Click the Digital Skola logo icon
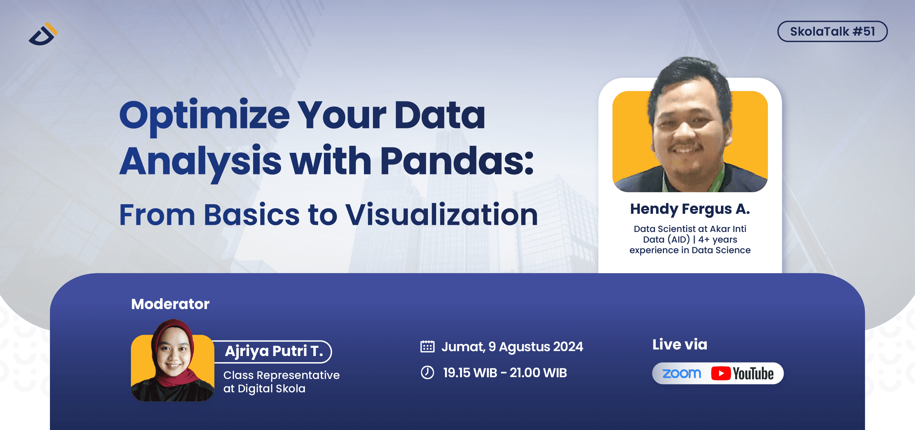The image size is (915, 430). pos(43,34)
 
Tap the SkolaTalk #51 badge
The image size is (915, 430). pos(832,31)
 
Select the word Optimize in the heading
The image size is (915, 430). pos(204,115)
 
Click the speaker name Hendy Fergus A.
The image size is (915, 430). pos(690,209)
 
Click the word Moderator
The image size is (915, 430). pos(170,304)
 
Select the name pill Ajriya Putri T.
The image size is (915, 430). pos(274,351)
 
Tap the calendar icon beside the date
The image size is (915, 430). pos(427,346)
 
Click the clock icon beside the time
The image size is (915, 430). pos(427,372)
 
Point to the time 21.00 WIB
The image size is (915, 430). pos(538,373)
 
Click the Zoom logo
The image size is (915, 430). pos(681,373)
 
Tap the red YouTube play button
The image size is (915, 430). pos(720,373)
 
